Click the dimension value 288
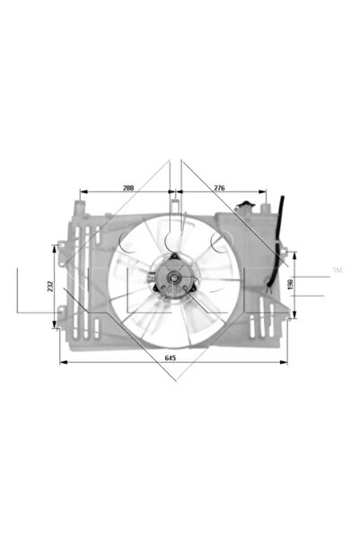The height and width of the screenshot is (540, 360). (127, 188)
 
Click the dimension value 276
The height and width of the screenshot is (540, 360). (219, 188)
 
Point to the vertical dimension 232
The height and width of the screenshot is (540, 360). (53, 285)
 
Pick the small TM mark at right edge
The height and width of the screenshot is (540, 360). (338, 270)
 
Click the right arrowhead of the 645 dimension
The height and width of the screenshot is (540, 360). (288, 362)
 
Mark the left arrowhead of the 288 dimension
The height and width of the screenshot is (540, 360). (83, 192)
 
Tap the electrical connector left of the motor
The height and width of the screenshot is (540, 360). (154, 277)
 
